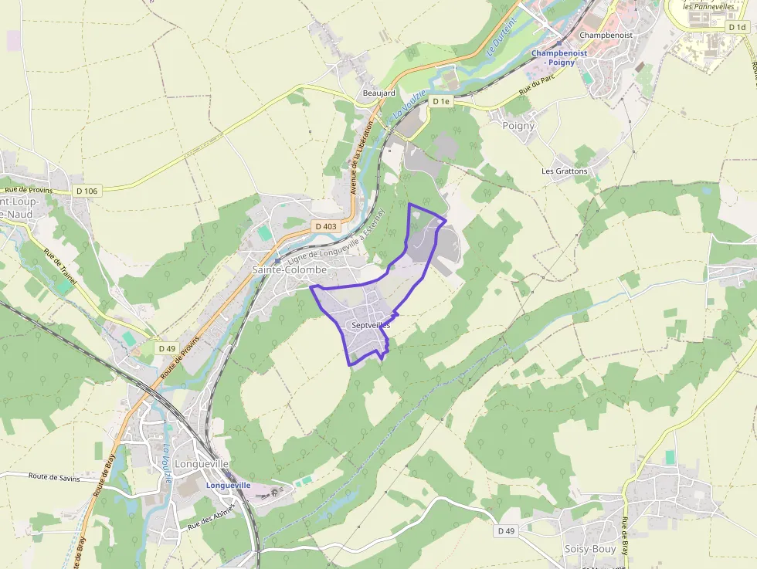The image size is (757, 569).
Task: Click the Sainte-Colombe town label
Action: (290, 270)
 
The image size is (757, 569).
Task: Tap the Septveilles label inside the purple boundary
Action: (371, 326)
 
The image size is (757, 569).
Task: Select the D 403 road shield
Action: (326, 226)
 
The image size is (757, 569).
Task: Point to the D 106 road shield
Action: (87, 191)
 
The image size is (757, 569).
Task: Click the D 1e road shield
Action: (441, 101)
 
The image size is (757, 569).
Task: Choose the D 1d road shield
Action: (736, 26)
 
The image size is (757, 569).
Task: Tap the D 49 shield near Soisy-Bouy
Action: (506, 531)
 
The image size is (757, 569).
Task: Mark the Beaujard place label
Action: (379, 93)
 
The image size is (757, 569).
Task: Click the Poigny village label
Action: (518, 125)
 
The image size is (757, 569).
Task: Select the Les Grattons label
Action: (565, 171)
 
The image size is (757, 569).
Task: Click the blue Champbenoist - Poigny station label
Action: (558, 57)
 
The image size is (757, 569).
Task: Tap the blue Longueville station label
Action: (229, 485)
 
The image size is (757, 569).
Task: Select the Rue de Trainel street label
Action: (59, 266)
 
